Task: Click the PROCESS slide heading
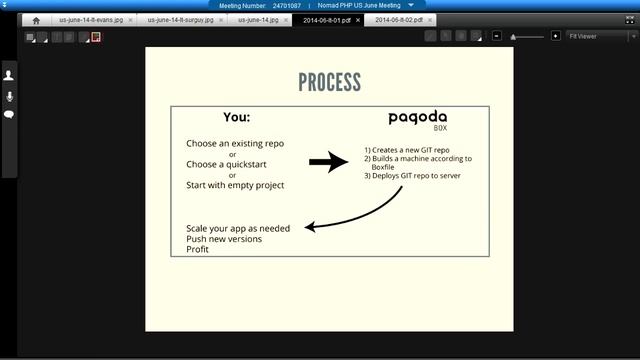(x=330, y=82)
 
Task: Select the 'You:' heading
(x=237, y=117)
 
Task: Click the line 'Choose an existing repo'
(x=235, y=143)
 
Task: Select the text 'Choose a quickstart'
(x=231, y=164)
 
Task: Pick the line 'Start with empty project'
(x=235, y=185)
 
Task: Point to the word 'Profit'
(x=198, y=249)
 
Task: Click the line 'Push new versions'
(x=224, y=239)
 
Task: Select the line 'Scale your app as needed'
(x=238, y=228)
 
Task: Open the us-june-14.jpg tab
(x=258, y=20)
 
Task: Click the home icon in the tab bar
(x=36, y=20)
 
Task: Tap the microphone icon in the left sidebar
(x=9, y=96)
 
